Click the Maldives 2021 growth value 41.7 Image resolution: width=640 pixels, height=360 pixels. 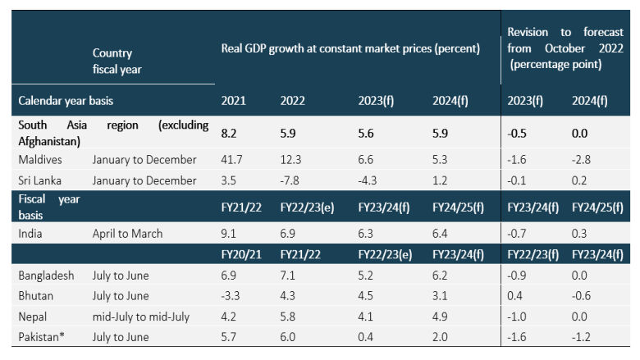pos(233,159)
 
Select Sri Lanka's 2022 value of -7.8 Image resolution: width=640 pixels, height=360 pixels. pos(291,180)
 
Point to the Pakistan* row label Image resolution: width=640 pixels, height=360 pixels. pos(43,336)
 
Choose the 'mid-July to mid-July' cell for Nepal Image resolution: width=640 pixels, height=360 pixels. pos(144,316)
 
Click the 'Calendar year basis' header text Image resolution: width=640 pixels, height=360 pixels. pos(66,101)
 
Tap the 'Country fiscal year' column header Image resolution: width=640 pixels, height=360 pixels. pos(117,62)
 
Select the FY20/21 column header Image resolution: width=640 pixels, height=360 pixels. pos(239,255)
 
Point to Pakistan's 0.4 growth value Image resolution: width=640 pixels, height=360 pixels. pos(367,336)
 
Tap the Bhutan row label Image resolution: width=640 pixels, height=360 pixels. pos(36,295)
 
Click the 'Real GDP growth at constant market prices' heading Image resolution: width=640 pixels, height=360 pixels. pos(350,48)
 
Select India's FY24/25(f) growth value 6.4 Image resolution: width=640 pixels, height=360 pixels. pos(441,234)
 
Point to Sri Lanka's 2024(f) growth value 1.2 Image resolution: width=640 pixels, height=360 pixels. pos(441,180)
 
